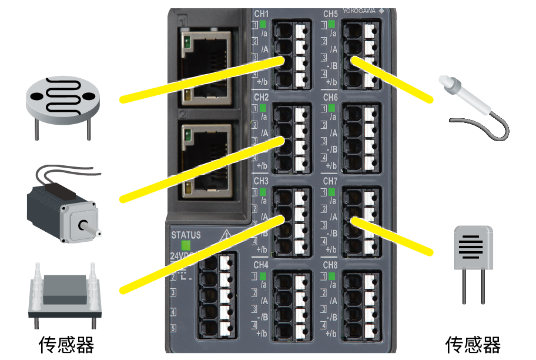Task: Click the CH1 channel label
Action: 262,14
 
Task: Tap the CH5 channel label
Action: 330,14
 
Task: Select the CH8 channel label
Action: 330,265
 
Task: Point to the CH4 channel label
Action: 262,265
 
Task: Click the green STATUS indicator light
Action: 186,246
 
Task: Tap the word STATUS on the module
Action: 186,235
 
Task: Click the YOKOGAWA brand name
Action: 360,11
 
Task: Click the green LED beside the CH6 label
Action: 331,108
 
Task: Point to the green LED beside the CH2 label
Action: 263,108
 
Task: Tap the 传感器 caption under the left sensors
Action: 66,344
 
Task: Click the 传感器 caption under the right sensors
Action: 473,344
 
